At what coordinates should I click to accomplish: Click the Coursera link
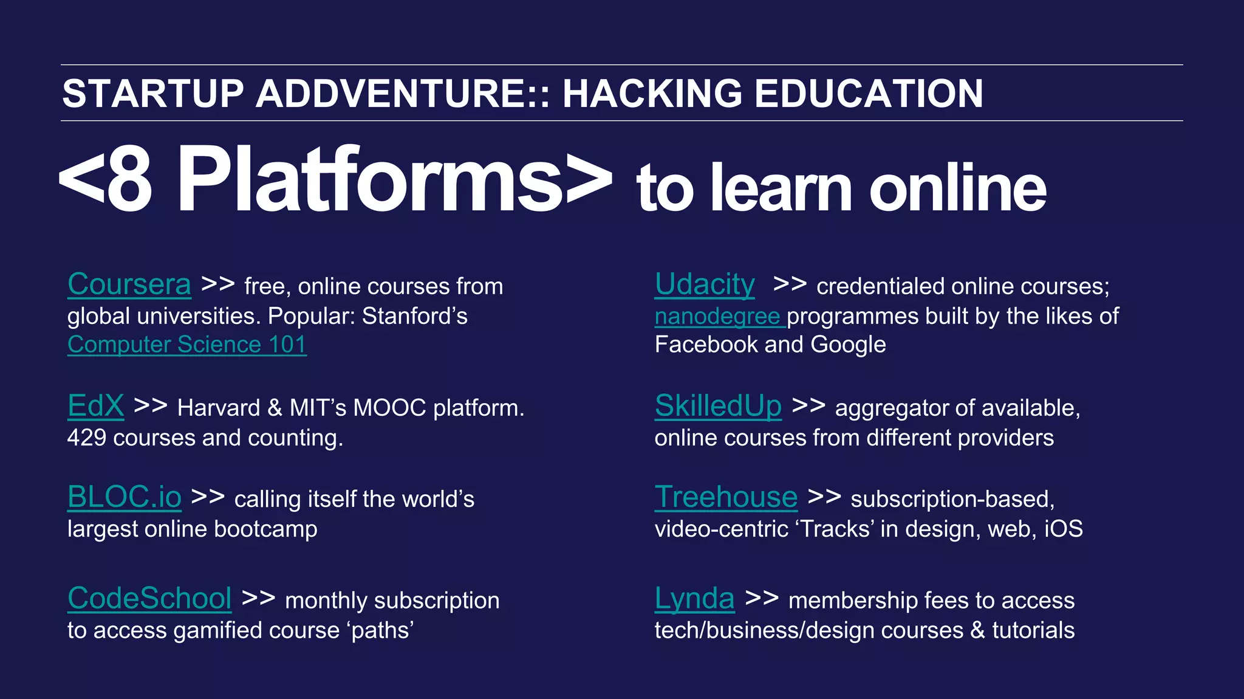point(129,284)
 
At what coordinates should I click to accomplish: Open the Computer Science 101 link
point(186,345)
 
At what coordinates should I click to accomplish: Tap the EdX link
point(95,406)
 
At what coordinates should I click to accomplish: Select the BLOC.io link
point(124,497)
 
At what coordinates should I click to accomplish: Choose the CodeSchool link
point(149,599)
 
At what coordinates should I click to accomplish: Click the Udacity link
point(705,284)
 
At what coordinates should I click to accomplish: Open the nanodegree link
point(717,317)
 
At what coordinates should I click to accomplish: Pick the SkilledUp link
point(718,406)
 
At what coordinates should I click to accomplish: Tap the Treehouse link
point(726,497)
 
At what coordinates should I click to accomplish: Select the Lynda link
point(694,599)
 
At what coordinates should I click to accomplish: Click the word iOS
point(1063,529)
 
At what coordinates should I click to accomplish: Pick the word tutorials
point(1033,631)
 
